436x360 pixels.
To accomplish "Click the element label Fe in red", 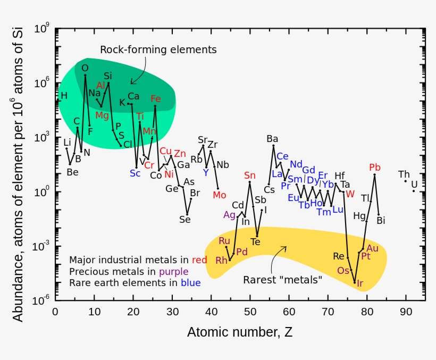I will [x=155, y=99].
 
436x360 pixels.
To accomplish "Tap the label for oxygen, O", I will [x=85, y=68].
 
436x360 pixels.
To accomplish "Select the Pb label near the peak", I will [x=375, y=168].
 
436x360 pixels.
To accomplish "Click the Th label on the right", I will [x=404, y=174].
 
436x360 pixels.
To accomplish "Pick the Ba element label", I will [x=272, y=139].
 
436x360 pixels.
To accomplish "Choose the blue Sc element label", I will [x=135, y=173].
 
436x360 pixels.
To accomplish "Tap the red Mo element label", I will [x=220, y=195].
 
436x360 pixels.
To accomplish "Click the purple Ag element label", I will [x=229, y=215].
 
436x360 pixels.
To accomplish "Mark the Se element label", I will [x=185, y=219].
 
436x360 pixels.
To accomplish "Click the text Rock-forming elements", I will [x=158, y=49].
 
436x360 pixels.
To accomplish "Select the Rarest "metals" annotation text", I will [x=282, y=280].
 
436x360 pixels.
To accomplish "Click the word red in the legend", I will [x=200, y=260].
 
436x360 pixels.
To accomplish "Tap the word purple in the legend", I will [x=173, y=272].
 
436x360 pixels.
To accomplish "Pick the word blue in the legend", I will [x=190, y=283].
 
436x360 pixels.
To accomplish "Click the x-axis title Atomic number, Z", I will [x=239, y=333].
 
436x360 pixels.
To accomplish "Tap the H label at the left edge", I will [x=64, y=96].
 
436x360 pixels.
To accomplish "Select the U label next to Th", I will [x=414, y=185].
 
